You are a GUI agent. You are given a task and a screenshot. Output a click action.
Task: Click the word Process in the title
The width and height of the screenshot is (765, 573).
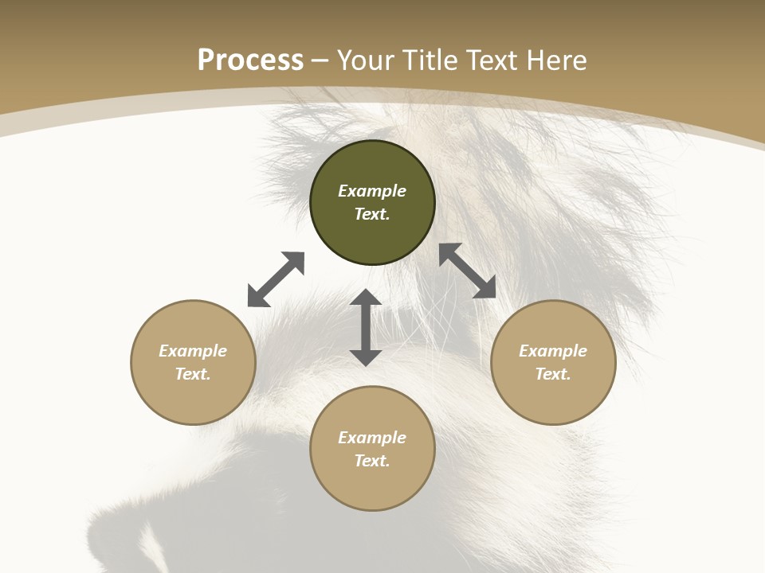click(x=250, y=60)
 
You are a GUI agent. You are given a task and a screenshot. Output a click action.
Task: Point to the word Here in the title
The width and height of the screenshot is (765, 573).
click(x=558, y=60)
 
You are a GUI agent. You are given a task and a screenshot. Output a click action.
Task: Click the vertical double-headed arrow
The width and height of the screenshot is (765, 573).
click(x=366, y=327)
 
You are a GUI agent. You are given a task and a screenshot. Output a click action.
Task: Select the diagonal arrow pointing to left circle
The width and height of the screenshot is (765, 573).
click(x=276, y=279)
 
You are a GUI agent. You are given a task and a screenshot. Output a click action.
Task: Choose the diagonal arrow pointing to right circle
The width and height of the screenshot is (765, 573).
click(x=467, y=271)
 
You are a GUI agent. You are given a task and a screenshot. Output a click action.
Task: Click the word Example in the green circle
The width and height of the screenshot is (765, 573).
click(x=372, y=191)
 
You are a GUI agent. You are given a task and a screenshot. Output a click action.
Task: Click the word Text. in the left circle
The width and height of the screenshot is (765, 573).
click(x=193, y=374)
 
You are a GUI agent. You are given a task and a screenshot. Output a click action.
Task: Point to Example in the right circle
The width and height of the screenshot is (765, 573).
click(x=553, y=351)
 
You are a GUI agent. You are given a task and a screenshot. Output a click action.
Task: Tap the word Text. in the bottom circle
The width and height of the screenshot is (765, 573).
click(x=372, y=461)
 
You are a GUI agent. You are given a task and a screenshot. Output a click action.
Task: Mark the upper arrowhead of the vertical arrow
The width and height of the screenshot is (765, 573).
click(x=366, y=297)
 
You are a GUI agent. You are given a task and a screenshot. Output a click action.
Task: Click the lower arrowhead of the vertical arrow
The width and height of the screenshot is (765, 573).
click(x=366, y=357)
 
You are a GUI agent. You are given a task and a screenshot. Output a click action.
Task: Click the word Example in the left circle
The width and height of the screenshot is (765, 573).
click(x=193, y=351)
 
